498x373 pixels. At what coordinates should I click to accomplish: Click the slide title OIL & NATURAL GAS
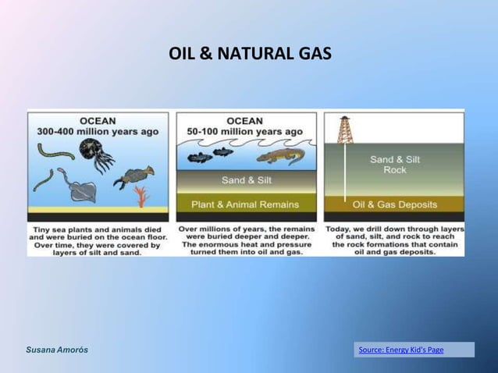pyautogui.click(x=250, y=55)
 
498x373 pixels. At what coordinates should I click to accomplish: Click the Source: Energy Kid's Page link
pyautogui.click(x=400, y=350)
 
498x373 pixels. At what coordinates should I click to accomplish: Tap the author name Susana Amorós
pyautogui.click(x=57, y=350)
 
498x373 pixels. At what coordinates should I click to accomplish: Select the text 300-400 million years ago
pyautogui.click(x=98, y=132)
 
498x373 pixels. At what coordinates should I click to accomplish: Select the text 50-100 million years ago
pyautogui.click(x=246, y=132)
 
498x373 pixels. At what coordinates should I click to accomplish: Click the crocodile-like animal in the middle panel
pyautogui.click(x=278, y=158)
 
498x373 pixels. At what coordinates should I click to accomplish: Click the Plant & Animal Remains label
pyautogui.click(x=246, y=204)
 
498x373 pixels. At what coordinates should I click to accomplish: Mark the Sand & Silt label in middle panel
pyautogui.click(x=246, y=180)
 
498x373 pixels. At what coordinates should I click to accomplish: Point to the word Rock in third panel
pyautogui.click(x=395, y=170)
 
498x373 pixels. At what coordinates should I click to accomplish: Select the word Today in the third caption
pyautogui.click(x=340, y=229)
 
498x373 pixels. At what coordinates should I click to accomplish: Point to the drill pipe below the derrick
pyautogui.click(x=344, y=172)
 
